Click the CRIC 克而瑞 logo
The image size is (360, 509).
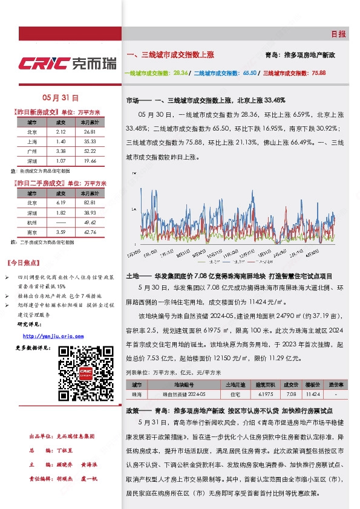[x=67, y=63]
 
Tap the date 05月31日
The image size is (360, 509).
[x=61, y=97]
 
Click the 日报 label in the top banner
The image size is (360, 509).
[x=338, y=34]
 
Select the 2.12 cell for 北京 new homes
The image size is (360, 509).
[x=61, y=131]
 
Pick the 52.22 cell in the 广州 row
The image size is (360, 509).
[x=90, y=151]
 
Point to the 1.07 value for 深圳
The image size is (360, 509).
[x=61, y=161]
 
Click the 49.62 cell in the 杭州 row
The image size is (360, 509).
[x=90, y=222]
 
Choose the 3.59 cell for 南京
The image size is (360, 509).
[x=61, y=232]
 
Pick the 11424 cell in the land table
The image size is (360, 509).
[x=312, y=394]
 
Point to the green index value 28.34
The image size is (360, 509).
[x=180, y=73]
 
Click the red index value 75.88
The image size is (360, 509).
[x=318, y=73]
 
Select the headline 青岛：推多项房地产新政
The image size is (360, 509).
[x=300, y=55]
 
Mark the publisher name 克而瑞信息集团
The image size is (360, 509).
[x=74, y=436]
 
